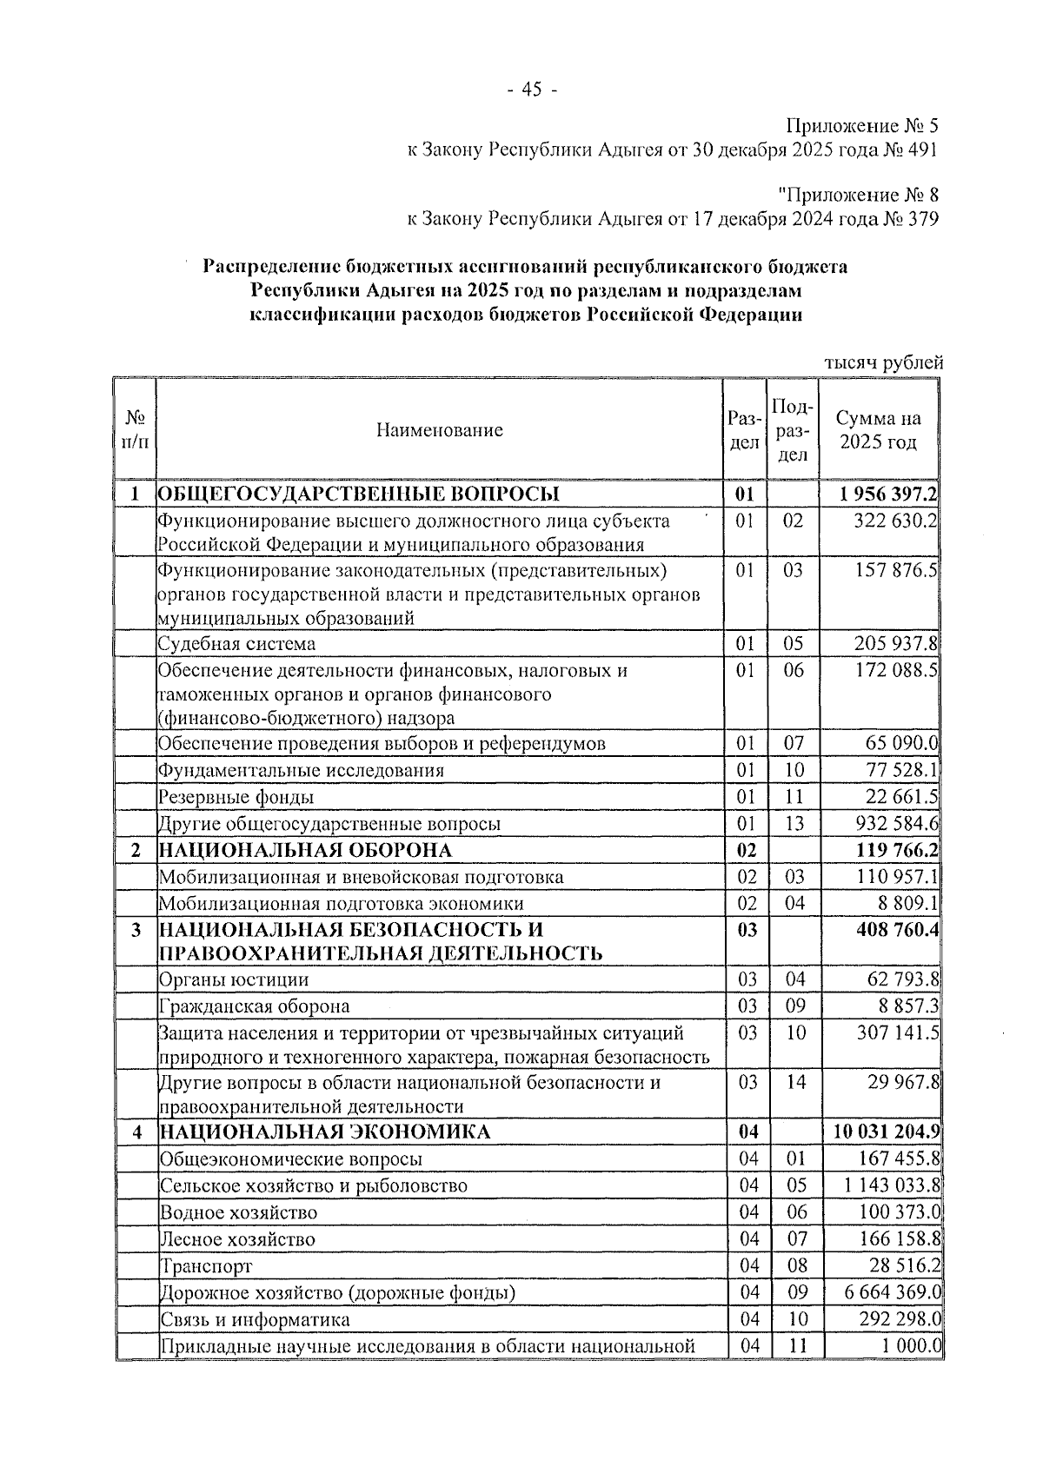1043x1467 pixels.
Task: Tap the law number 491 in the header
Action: tap(920, 149)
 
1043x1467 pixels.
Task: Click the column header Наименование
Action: tap(440, 429)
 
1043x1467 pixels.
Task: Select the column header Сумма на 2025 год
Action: tap(878, 429)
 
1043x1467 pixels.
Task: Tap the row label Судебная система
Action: tap(236, 644)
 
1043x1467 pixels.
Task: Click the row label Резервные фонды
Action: tap(236, 797)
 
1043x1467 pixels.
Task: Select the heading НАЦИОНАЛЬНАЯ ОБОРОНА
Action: tap(305, 850)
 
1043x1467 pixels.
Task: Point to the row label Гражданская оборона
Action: tap(255, 1006)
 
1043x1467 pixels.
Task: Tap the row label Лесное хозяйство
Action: tap(238, 1239)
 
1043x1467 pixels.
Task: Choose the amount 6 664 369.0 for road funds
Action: tap(893, 1292)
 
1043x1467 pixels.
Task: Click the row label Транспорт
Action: tap(206, 1266)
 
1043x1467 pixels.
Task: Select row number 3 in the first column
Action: tap(136, 930)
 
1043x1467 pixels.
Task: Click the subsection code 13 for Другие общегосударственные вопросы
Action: tap(794, 824)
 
